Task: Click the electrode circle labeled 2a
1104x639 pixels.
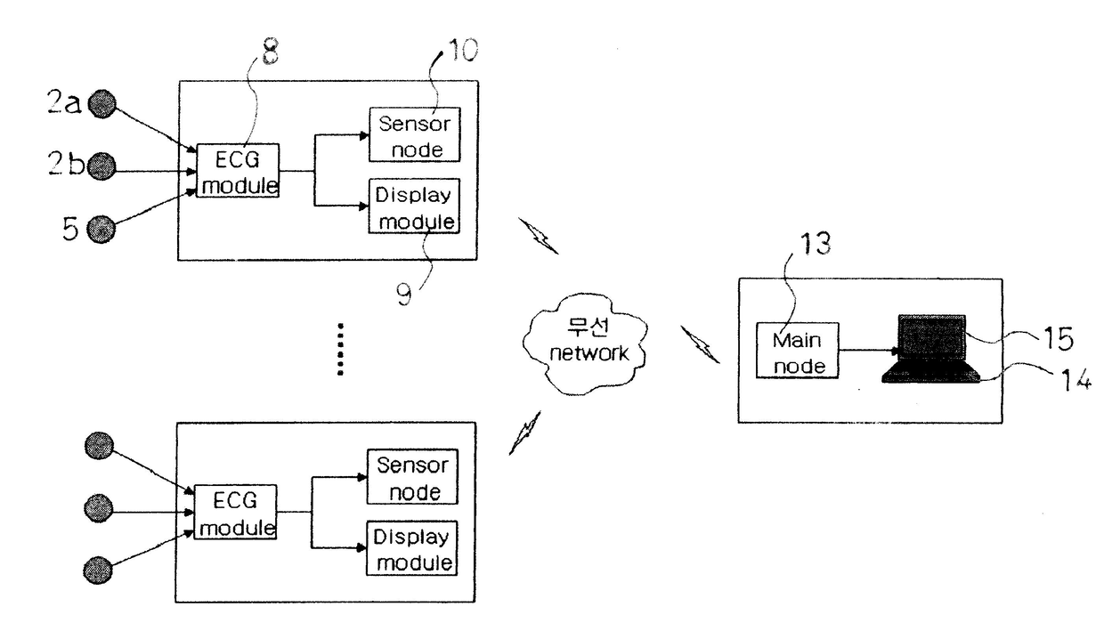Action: pos(102,104)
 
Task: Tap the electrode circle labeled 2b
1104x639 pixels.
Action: pos(101,166)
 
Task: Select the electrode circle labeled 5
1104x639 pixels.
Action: pos(101,229)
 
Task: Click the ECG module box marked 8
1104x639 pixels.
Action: pos(238,171)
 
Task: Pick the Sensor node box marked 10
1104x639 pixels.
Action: pos(415,134)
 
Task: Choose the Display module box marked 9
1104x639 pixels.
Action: pos(414,206)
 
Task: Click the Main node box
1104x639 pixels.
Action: pos(797,351)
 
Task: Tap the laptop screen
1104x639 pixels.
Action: pos(931,337)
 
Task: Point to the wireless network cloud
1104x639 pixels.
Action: pos(585,344)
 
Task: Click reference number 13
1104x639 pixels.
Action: pos(816,243)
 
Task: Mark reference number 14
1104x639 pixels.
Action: pos(1075,379)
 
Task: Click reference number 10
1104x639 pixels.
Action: pos(462,50)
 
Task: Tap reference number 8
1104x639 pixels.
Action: pos(270,52)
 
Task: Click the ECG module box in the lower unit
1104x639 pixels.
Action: pos(235,512)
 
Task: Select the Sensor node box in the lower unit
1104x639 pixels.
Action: pos(412,476)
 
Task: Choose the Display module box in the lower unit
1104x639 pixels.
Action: pos(411,548)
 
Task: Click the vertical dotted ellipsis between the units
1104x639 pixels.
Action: pos(340,349)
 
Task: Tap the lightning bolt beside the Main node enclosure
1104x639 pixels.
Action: pos(700,344)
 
